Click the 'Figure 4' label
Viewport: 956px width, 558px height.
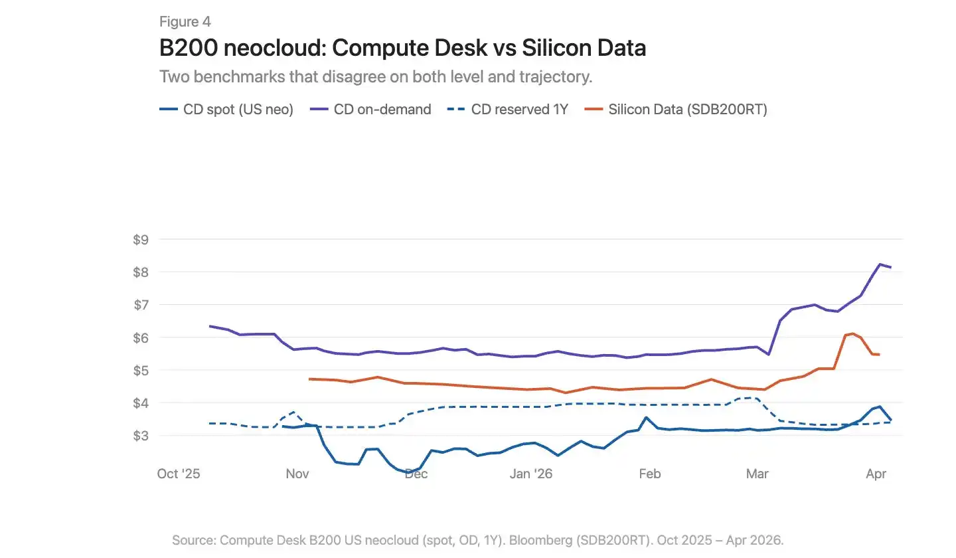pyautogui.click(x=185, y=21)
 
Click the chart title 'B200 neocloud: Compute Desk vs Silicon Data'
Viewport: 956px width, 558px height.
pyautogui.click(x=402, y=47)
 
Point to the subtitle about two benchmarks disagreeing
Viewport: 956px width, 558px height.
pyautogui.click(x=376, y=77)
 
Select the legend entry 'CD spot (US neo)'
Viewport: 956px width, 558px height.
pyautogui.click(x=226, y=110)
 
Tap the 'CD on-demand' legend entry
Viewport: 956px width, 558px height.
pyautogui.click(x=370, y=110)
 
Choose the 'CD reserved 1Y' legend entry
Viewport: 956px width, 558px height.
pyautogui.click(x=508, y=110)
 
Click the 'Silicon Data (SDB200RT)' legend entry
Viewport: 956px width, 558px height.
pyautogui.click(x=676, y=110)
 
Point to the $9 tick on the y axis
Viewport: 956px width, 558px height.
pyautogui.click(x=141, y=240)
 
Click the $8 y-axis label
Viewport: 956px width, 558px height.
pyautogui.click(x=141, y=272)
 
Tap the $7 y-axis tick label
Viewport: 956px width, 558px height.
pyautogui.click(x=141, y=305)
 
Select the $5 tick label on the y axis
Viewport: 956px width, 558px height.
pyautogui.click(x=141, y=370)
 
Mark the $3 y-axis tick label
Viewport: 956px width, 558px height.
pyautogui.click(x=141, y=436)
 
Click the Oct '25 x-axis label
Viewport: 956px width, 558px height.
pyautogui.click(x=179, y=474)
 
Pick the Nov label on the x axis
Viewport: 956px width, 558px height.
pyautogui.click(x=297, y=474)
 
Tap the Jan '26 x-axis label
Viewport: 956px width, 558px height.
pyautogui.click(x=531, y=474)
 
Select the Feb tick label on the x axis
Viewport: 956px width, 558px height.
pyautogui.click(x=649, y=474)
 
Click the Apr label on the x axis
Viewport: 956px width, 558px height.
pyautogui.click(x=876, y=474)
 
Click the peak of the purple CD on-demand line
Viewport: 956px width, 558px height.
pyautogui.click(x=880, y=264)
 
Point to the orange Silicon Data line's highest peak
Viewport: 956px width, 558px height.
pyautogui.click(x=853, y=333)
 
